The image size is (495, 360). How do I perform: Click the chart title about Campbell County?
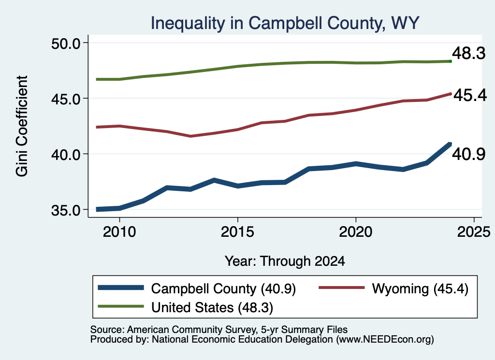[285, 23]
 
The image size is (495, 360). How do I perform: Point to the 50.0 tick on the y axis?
[66, 43]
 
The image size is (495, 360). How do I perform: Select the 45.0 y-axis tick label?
[66, 99]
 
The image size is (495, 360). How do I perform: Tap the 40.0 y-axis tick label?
[66, 154]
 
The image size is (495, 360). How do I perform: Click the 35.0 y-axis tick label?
[66, 210]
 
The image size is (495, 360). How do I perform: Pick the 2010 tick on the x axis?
[119, 232]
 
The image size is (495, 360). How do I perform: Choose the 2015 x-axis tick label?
[237, 232]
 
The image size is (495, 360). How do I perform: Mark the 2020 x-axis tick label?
[356, 232]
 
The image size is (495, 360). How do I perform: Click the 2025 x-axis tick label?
[474, 232]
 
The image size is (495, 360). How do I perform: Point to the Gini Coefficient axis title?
[22, 126]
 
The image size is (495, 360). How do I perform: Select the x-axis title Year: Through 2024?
[285, 261]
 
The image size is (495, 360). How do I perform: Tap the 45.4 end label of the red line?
[470, 95]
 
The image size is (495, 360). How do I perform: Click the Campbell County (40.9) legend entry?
[197, 288]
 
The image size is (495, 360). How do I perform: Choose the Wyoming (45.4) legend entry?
[393, 288]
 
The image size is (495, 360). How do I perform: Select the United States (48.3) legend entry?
[185, 307]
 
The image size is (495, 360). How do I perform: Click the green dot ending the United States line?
[451, 61]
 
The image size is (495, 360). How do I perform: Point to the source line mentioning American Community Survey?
[219, 330]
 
